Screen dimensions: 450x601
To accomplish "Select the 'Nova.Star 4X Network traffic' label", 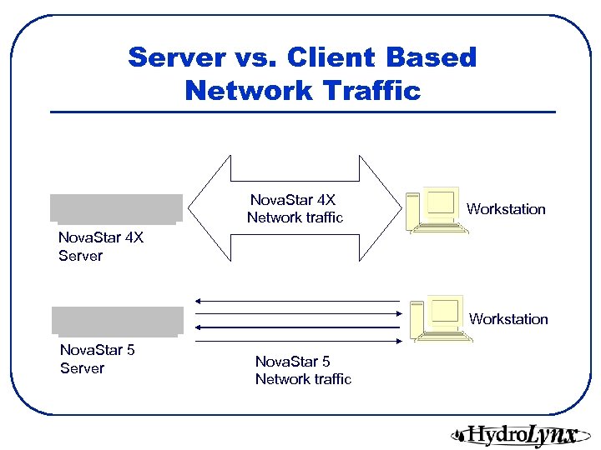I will click(295, 209).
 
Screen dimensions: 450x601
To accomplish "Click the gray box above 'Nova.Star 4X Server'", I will click(116, 208).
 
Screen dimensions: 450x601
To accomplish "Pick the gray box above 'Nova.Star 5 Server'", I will click(117, 321).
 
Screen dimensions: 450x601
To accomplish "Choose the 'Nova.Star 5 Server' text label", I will click(97, 359).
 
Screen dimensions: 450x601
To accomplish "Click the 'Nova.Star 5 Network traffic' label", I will click(303, 370).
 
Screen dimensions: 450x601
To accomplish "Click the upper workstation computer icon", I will click(436, 210).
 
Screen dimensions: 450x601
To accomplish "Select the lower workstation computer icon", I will click(438, 318).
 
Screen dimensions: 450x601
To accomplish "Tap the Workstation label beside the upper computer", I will click(506, 209).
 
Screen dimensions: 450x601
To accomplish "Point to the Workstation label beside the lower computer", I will click(508, 319).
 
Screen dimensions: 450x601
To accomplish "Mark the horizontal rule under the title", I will click(303, 112).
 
